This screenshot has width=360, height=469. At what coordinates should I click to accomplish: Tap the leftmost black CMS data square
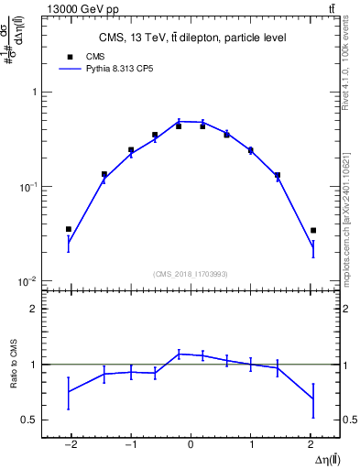click(68, 229)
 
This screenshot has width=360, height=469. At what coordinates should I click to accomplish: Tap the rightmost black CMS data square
click(313, 230)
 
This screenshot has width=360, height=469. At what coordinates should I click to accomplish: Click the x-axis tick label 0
click(191, 446)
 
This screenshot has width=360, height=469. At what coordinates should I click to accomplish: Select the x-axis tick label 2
click(311, 446)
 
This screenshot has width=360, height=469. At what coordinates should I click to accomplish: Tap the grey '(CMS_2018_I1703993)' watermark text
click(191, 274)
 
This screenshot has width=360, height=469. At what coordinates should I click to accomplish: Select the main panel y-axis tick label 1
click(33, 93)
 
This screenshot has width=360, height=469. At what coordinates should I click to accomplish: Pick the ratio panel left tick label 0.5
click(28, 420)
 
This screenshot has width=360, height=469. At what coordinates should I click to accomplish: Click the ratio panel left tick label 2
click(33, 309)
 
